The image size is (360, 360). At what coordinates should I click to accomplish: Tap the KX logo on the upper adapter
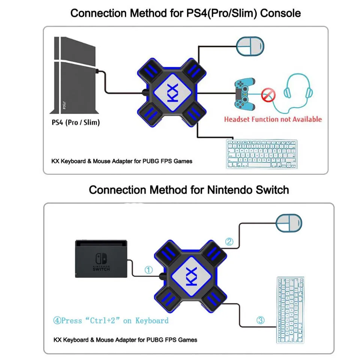pos(173,92)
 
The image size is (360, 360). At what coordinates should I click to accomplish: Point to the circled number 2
pos(229,242)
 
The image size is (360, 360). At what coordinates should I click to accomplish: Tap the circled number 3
pos(260,320)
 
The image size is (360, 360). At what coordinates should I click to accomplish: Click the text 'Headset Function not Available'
pos(273,119)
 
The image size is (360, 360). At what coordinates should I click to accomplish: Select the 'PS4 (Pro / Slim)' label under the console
pos(75,122)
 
